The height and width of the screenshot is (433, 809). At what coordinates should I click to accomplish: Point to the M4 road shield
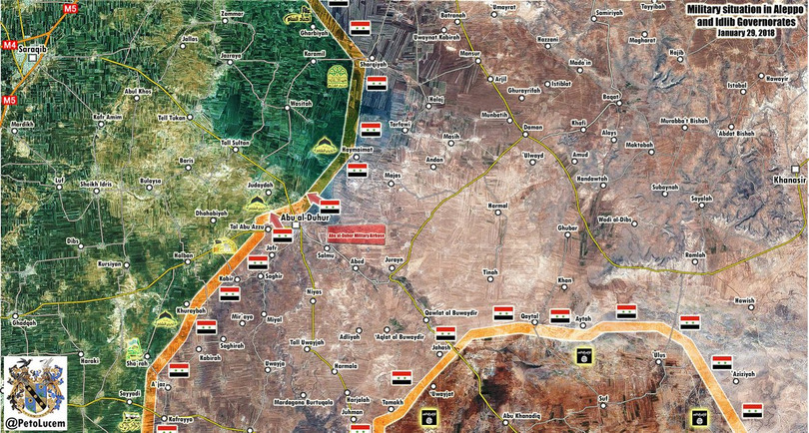pos(9,45)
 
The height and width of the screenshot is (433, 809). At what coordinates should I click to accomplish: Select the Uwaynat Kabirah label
pos(436,36)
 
